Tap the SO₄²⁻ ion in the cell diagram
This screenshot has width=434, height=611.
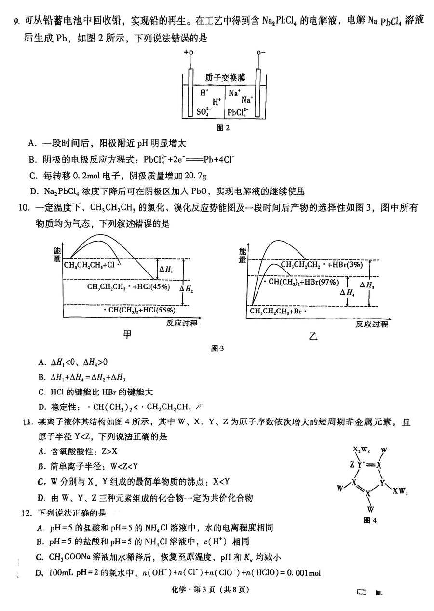[205, 113]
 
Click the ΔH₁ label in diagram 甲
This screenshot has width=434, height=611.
[168, 269]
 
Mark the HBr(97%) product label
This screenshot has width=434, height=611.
[324, 282]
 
